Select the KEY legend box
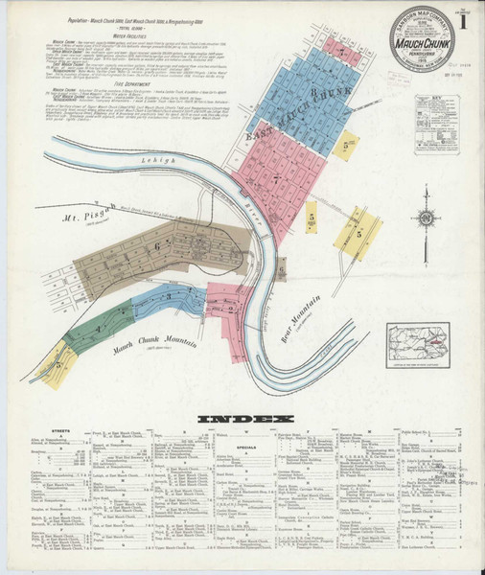[x=436, y=124]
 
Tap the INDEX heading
[x=243, y=419]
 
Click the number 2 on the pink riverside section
[x=231, y=309]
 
